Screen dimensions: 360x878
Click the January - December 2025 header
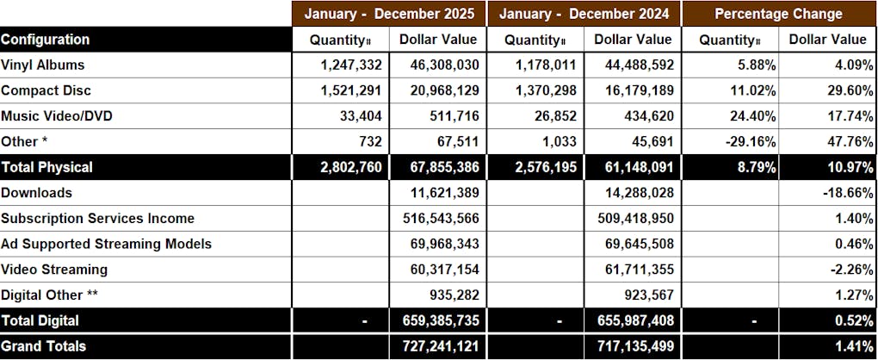[389, 14]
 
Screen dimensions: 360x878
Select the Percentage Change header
[778, 14]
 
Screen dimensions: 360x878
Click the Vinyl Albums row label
[42, 65]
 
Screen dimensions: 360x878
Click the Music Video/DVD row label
[57, 116]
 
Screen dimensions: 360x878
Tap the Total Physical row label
[46, 167]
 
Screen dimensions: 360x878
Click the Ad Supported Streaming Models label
[106, 244]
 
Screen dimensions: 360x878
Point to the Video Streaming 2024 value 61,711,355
[634, 270]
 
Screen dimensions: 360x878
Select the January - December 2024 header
[584, 14]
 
